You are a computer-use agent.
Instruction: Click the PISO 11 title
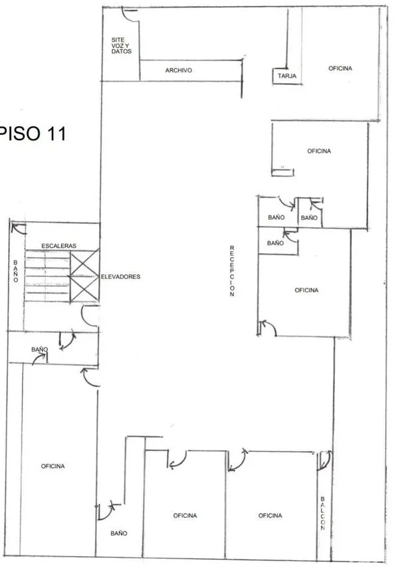(33, 134)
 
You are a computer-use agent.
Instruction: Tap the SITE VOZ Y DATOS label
(121, 45)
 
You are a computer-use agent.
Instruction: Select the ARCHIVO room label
(178, 70)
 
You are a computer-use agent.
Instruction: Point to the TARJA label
(287, 76)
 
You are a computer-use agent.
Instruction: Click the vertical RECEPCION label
(232, 270)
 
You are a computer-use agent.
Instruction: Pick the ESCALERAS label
(58, 246)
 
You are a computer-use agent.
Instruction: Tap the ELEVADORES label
(120, 277)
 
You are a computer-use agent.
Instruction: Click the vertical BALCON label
(323, 514)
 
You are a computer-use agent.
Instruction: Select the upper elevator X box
(84, 263)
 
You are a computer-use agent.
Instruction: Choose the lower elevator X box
(84, 289)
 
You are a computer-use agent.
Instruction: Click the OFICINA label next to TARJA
(340, 68)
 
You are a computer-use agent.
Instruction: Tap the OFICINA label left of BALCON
(270, 516)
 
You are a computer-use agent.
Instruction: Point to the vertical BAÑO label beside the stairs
(15, 271)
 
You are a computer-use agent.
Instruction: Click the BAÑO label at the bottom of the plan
(119, 533)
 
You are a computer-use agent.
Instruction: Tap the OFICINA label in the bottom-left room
(52, 466)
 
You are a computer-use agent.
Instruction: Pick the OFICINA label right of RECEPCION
(306, 290)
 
